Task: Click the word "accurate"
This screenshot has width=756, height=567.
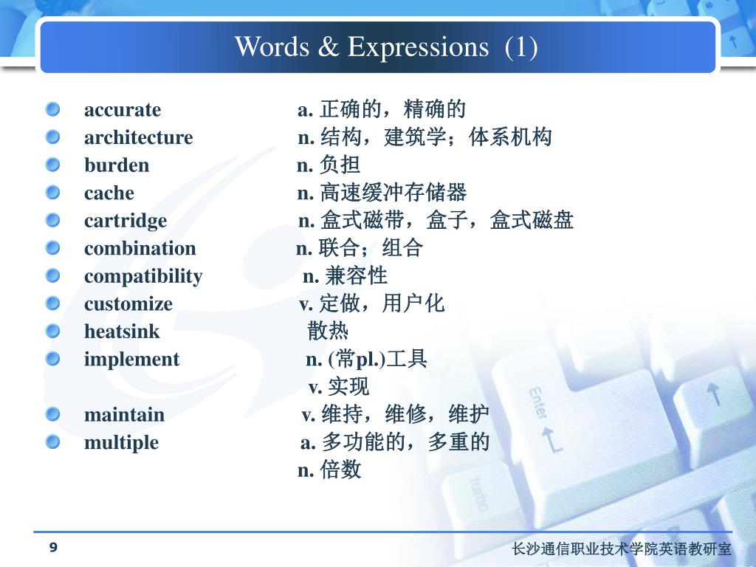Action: (123, 110)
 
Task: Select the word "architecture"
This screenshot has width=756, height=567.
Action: (138, 137)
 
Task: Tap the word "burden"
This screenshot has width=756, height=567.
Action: (117, 165)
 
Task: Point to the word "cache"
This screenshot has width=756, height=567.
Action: (109, 193)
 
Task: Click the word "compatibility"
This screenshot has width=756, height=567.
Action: (143, 277)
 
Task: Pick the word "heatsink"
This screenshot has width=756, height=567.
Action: (122, 331)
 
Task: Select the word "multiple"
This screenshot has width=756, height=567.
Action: (121, 443)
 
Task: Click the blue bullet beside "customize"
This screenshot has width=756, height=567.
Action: (52, 303)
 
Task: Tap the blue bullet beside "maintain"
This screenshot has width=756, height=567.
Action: (52, 414)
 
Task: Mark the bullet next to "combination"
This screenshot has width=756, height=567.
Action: (52, 248)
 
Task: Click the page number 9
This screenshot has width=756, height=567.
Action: (53, 547)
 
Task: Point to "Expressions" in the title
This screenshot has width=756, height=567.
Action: (418, 47)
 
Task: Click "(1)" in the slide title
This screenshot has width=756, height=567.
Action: (521, 47)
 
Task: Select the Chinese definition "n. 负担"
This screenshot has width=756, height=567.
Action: (329, 165)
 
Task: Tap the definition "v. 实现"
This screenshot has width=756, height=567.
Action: (338, 387)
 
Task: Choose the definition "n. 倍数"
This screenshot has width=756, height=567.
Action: (329, 470)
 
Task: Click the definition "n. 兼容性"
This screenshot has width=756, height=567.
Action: (345, 276)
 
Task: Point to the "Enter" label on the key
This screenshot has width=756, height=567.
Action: (538, 403)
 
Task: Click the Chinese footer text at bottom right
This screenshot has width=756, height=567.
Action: (622, 549)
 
